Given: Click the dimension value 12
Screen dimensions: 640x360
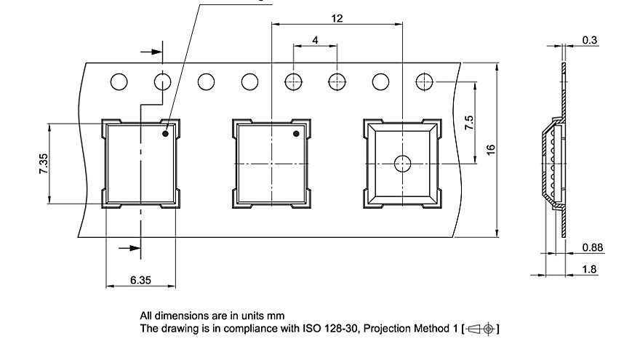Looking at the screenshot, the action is point(337,18).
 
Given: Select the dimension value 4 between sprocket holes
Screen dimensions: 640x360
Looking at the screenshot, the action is point(315,40).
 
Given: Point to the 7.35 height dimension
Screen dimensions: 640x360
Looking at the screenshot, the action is point(44,163).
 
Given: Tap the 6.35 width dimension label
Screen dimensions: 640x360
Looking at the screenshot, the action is point(140,280).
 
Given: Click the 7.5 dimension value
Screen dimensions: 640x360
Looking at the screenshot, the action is point(469,122).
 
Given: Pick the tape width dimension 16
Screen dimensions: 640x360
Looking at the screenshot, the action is point(491,149).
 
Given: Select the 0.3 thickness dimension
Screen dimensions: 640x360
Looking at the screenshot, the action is point(589,40).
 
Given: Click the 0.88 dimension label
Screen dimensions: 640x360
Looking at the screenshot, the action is point(593,247).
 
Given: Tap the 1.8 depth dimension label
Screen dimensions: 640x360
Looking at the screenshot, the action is point(589,269).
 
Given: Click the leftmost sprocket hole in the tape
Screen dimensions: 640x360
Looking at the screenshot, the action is point(119,81).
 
